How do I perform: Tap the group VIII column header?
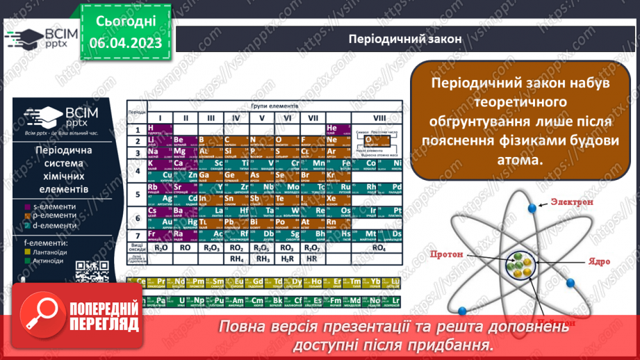coord(379,117)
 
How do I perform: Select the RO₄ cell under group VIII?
coord(379,247)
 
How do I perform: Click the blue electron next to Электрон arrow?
coord(532,207)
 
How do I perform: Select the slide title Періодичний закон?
coord(404,39)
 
